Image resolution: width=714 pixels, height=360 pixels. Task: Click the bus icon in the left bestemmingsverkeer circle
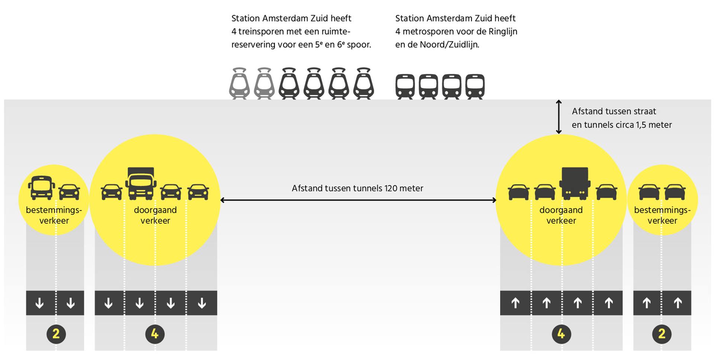coord(41,187)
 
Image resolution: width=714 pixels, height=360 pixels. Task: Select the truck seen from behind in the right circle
coord(575,183)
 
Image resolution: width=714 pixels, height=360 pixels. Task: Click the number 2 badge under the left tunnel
coord(56,334)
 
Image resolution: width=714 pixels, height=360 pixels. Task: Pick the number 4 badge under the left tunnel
coord(155,334)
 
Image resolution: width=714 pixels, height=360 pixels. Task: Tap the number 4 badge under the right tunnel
coord(561,334)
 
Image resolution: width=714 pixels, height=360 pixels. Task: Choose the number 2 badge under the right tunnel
coord(662,334)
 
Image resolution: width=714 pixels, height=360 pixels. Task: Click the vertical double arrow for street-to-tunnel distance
coord(559,117)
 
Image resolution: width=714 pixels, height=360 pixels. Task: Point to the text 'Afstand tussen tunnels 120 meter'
coord(357,188)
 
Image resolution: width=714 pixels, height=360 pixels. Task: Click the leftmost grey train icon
coord(239,83)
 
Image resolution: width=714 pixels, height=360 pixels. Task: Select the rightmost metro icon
coord(475,86)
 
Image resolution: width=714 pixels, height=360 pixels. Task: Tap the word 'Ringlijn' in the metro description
coord(502,32)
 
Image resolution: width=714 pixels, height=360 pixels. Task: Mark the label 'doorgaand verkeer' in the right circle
coord(561,215)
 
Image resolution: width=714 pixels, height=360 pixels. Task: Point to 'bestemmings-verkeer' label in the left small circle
coord(54,215)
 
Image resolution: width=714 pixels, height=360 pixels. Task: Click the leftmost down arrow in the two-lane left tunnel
coord(39,303)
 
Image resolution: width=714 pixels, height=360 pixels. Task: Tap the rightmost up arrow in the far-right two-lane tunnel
coord(678,303)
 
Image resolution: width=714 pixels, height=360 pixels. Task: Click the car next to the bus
coord(70,192)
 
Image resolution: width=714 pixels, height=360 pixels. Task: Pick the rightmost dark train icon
coord(363,83)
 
